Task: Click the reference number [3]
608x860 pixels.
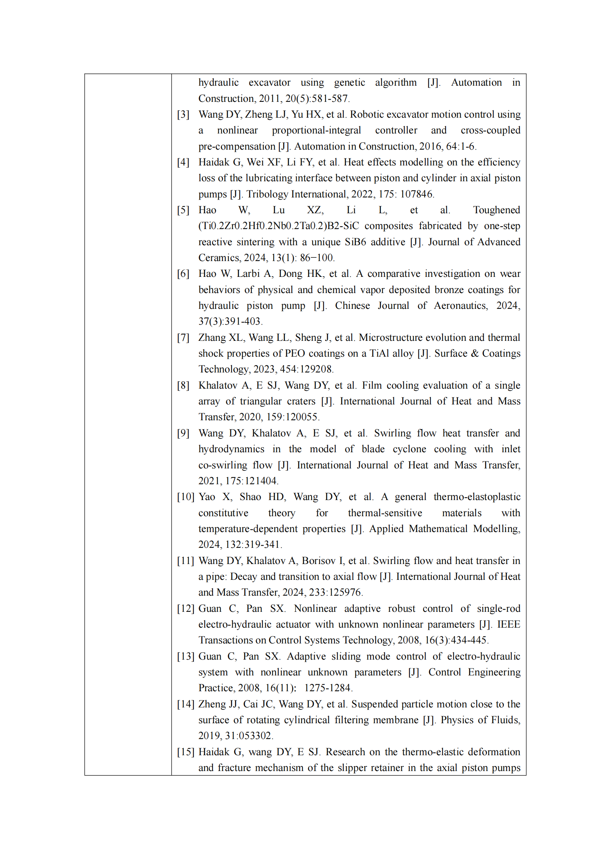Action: pos(183,114)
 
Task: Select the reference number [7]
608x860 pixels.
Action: pos(183,338)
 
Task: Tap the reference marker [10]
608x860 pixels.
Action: pos(185,497)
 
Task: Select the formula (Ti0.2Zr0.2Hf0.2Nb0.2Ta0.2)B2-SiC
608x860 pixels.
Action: pos(279,226)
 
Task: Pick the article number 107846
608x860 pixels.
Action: pos(417,194)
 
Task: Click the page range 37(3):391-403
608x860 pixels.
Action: pos(230,321)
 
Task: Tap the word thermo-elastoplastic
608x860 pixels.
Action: pos(477,497)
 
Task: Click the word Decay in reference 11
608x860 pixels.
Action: pos(244,577)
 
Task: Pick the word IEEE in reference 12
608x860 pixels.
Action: pos(508,624)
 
